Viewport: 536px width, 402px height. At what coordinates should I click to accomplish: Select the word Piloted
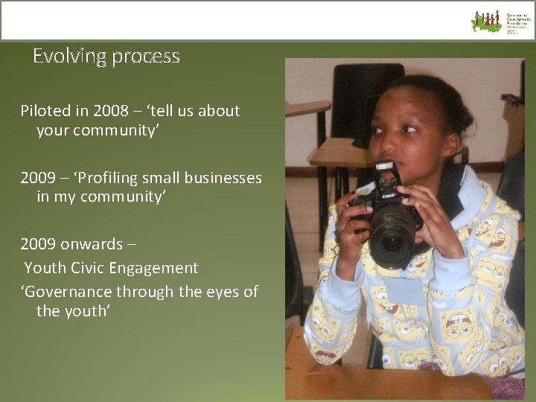pos(46,111)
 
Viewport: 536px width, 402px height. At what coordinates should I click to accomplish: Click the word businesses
pos(224,178)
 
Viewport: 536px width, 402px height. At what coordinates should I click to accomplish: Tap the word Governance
pos(60,291)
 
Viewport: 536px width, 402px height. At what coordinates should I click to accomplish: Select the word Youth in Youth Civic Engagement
pos(45,267)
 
